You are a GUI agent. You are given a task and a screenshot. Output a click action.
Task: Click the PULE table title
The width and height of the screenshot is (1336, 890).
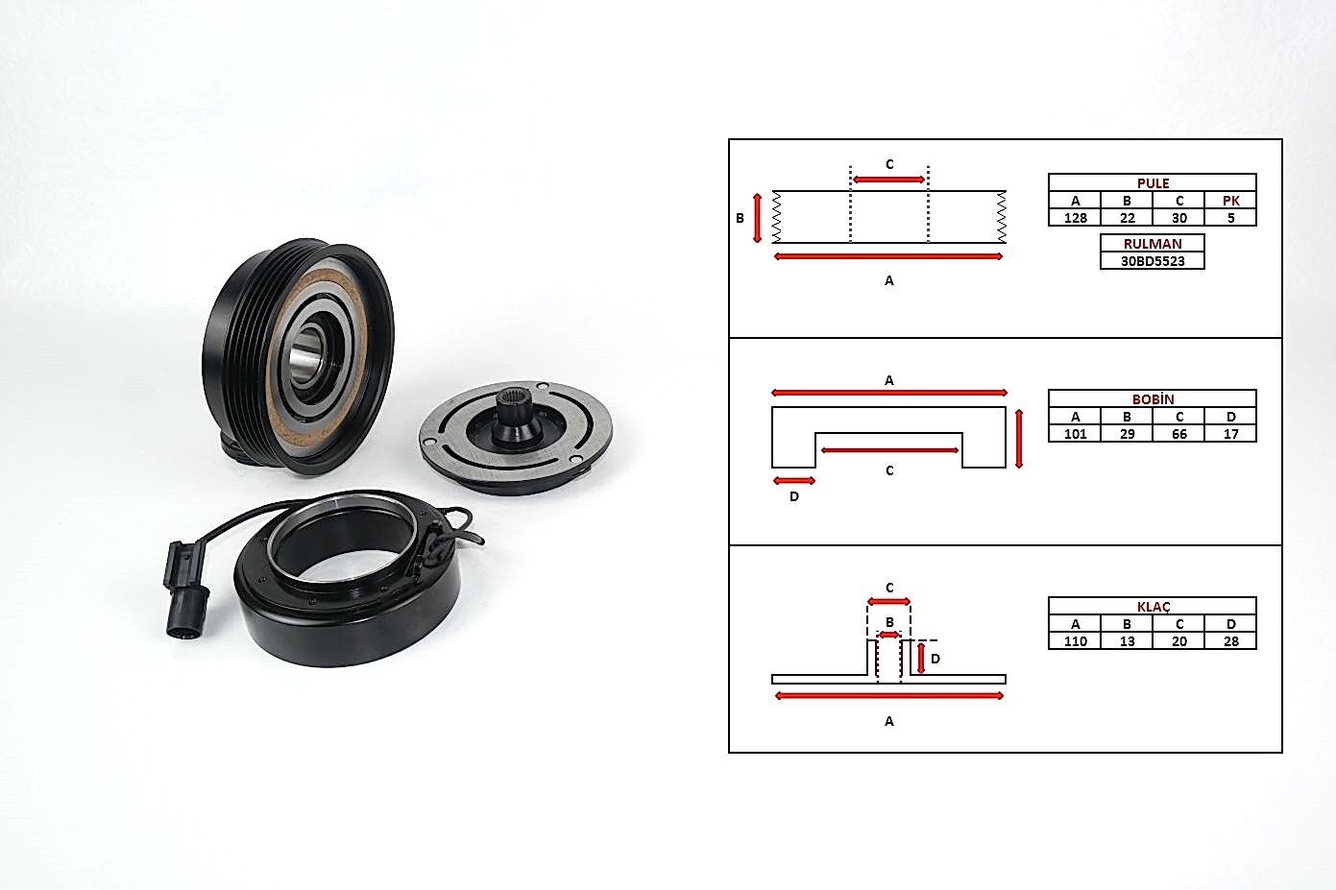(x=1153, y=182)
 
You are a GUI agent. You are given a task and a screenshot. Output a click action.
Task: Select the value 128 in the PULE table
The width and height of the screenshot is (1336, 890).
(x=1075, y=218)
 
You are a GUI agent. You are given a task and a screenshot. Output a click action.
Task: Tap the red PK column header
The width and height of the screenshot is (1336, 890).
(x=1230, y=201)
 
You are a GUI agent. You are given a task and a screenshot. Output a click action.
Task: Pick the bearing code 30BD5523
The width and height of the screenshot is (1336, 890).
(x=1152, y=261)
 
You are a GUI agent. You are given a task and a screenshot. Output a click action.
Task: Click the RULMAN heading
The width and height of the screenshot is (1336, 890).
(x=1152, y=244)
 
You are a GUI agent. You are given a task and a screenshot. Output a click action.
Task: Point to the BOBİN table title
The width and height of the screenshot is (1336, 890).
(x=1153, y=398)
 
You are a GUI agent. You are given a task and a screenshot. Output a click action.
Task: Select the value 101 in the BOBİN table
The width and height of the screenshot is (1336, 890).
(x=1075, y=434)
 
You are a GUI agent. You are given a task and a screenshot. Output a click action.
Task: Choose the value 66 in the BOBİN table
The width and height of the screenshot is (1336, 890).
(x=1178, y=434)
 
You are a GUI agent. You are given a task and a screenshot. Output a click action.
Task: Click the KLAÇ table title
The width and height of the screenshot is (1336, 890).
(x=1153, y=606)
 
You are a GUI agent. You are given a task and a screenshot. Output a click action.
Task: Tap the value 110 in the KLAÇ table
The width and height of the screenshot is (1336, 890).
(x=1075, y=641)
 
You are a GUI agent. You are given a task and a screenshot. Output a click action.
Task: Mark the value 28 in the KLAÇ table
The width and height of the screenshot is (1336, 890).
(x=1230, y=641)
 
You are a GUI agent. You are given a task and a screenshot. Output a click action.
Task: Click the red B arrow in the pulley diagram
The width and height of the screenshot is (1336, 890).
(x=757, y=218)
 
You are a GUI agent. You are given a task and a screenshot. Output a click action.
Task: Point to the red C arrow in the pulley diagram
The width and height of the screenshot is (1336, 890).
(x=889, y=180)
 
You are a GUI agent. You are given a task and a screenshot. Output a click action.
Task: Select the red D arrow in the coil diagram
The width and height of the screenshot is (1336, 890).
(x=793, y=480)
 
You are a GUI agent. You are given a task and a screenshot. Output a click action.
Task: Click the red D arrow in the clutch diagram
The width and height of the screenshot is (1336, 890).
(x=921, y=658)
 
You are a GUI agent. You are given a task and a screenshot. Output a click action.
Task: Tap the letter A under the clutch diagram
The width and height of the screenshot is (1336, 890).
(x=889, y=721)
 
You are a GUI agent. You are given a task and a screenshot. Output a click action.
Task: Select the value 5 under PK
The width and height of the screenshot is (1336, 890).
(x=1230, y=218)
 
